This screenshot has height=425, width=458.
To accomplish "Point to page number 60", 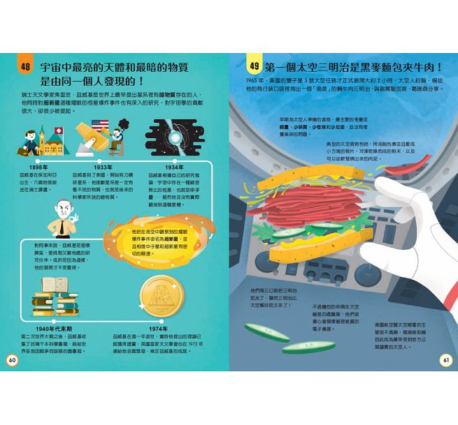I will click(12, 360).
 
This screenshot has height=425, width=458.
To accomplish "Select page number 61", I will click(445, 360).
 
